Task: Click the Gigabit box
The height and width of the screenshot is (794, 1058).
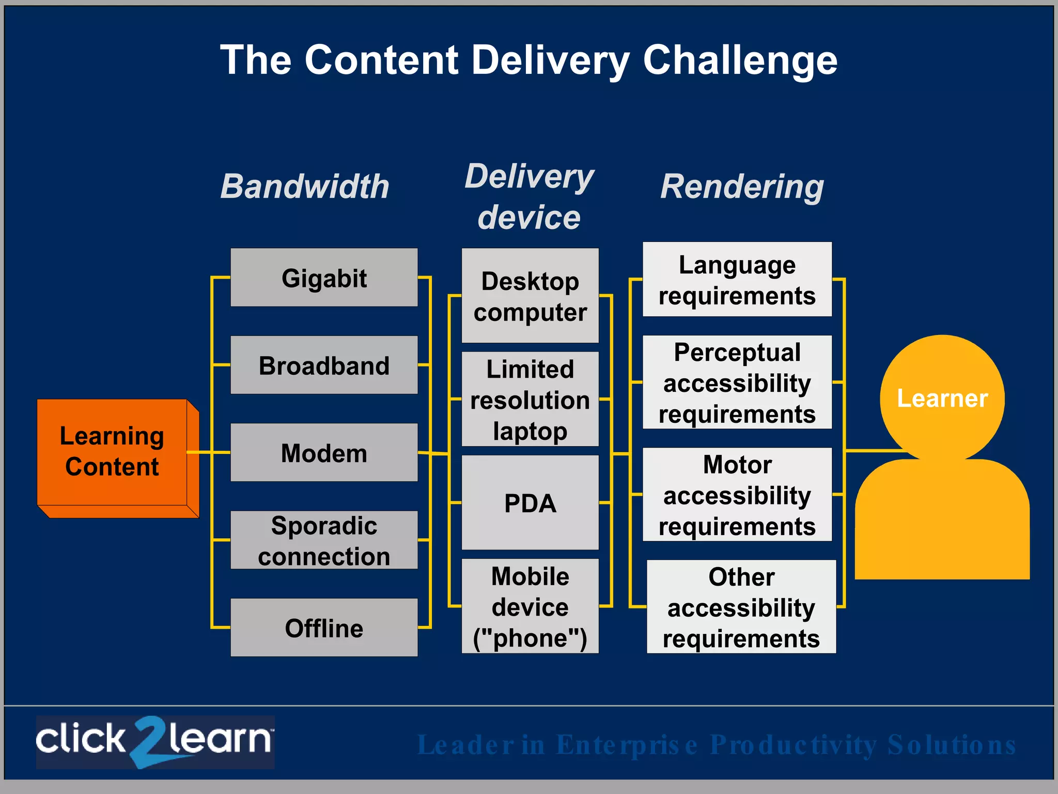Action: (324, 278)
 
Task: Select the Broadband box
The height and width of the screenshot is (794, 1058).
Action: (324, 365)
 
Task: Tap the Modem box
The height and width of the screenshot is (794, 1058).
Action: (324, 453)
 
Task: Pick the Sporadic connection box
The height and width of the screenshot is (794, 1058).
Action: (324, 540)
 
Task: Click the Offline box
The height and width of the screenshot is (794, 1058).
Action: (324, 628)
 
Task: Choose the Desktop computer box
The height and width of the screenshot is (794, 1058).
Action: (530, 296)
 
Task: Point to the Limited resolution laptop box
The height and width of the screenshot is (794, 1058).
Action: (530, 399)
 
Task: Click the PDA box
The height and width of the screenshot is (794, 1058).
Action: (530, 502)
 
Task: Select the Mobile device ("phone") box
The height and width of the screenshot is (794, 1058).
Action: (530, 606)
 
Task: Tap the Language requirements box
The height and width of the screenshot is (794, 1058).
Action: (737, 280)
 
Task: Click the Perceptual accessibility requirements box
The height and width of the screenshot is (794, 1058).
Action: (737, 383)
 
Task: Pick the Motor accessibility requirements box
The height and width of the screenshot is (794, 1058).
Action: (737, 495)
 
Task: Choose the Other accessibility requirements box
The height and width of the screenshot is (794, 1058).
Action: (741, 607)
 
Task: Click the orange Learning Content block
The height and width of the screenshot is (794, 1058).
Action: (112, 452)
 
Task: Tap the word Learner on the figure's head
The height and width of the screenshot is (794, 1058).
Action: (942, 399)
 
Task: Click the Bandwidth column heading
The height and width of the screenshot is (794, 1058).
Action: (305, 186)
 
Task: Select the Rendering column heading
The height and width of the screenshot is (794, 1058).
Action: (742, 186)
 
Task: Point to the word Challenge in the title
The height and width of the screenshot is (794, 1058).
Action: (740, 60)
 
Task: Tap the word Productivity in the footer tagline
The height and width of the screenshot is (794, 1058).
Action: (793, 745)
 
